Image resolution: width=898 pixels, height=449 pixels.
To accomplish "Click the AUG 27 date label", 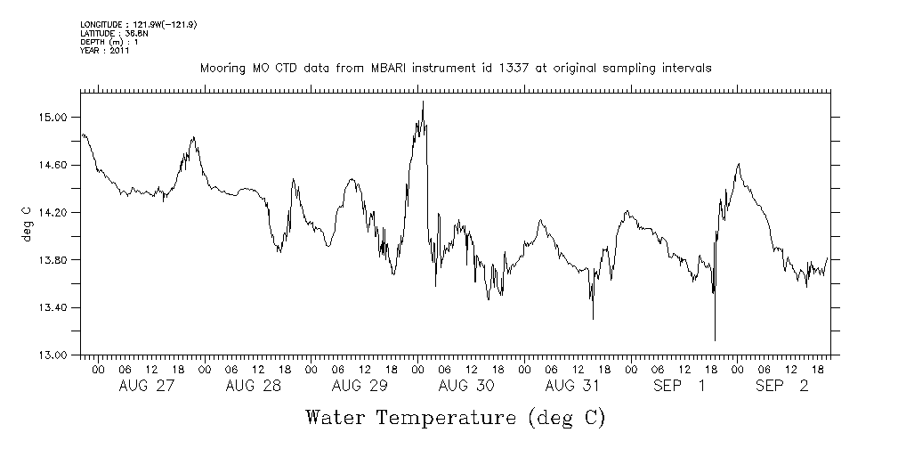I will [146, 387].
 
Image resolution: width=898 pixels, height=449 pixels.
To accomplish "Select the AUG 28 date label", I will [253, 387].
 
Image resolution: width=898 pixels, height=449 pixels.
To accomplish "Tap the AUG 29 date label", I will [360, 387].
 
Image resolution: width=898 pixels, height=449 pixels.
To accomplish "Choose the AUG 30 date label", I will [466, 387].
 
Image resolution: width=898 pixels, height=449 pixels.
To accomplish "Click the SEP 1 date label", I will [680, 387].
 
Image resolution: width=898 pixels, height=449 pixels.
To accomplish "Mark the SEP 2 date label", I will [784, 387].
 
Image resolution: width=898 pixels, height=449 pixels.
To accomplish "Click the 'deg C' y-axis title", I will [26, 224].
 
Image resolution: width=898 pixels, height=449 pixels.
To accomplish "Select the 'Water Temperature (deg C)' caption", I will [456, 418].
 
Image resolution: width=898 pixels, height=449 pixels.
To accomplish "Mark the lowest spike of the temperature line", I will [715, 339].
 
